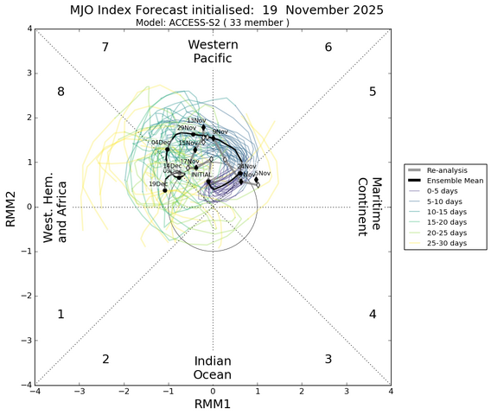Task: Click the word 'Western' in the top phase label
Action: pyautogui.click(x=212, y=44)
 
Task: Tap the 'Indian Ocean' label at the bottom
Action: pyautogui.click(x=212, y=367)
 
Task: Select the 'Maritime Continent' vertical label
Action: pyautogui.click(x=370, y=207)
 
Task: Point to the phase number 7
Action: pyautogui.click(x=105, y=48)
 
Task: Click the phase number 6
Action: pyautogui.click(x=328, y=48)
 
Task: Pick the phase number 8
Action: pyautogui.click(x=61, y=92)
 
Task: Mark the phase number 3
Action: pyautogui.click(x=328, y=359)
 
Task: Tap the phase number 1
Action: pyautogui.click(x=61, y=315)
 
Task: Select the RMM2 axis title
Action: pyautogui.click(x=10, y=207)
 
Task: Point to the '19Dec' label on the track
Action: pyautogui.click(x=158, y=184)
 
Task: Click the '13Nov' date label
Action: pyautogui.click(x=197, y=121)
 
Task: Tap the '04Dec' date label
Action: pyautogui.click(x=161, y=143)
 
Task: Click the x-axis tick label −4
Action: pyautogui.click(x=35, y=392)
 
